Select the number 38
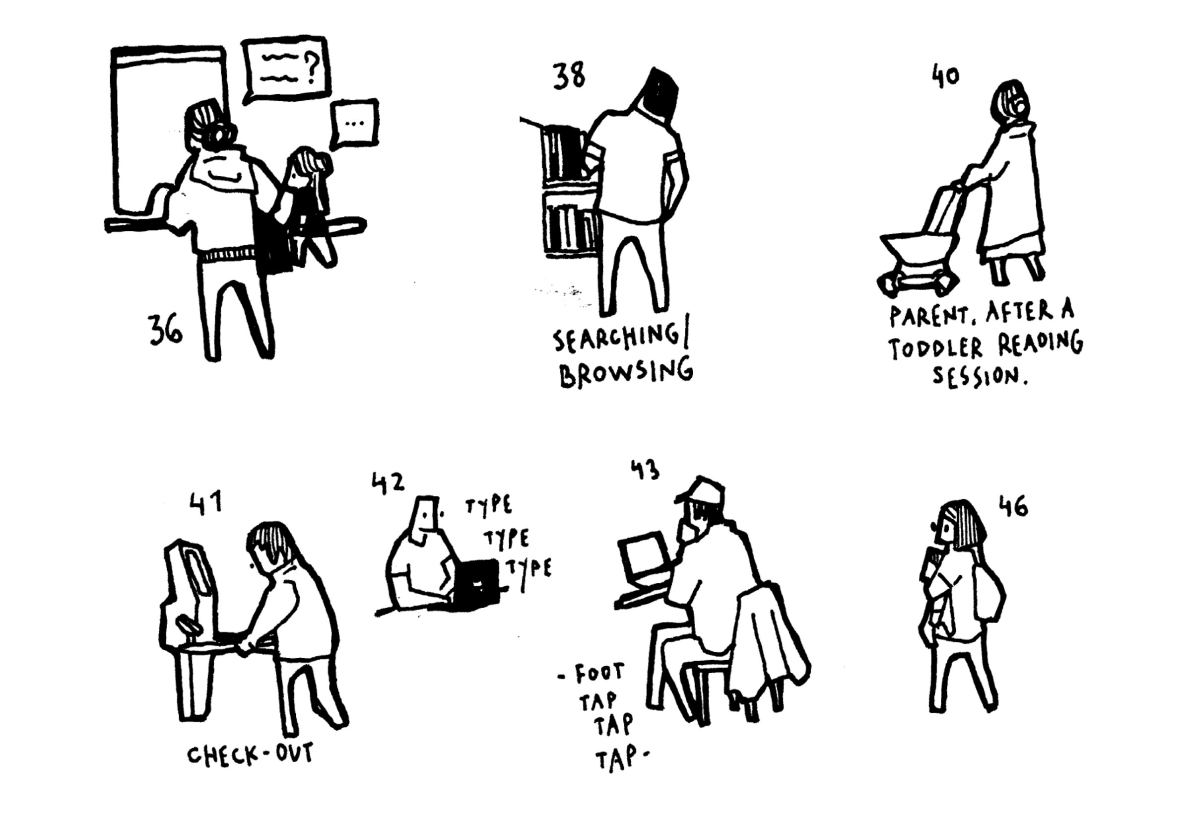(x=569, y=77)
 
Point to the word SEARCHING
(x=620, y=339)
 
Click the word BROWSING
(x=626, y=371)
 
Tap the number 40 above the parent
(x=945, y=76)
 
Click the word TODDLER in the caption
(x=936, y=348)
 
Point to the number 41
(x=205, y=503)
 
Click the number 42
(x=388, y=483)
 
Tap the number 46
(x=1013, y=506)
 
